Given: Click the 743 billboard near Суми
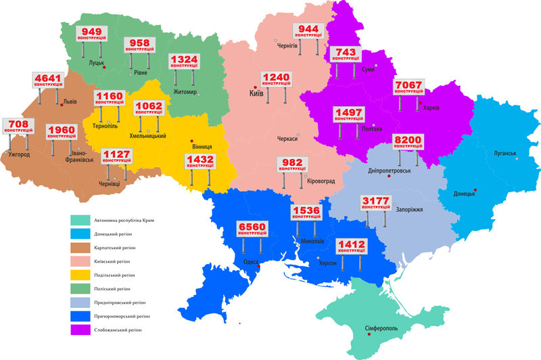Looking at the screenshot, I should (x=345, y=54).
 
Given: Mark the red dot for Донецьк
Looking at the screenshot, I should (x=475, y=190).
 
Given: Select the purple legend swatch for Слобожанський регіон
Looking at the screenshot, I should (x=82, y=330).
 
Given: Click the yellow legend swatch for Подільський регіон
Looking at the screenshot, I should (x=82, y=275).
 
